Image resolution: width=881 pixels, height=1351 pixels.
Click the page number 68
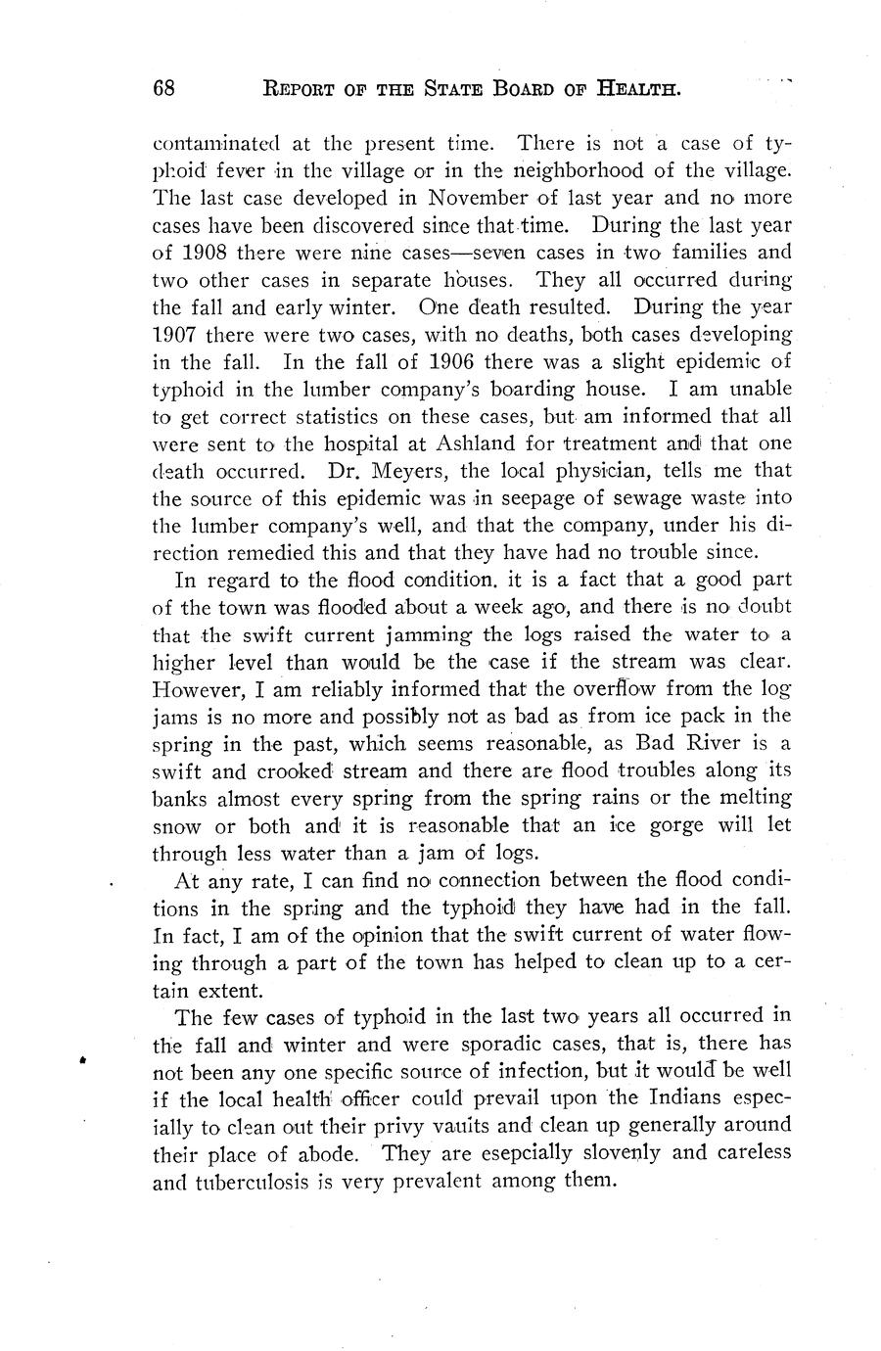[x=163, y=90]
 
